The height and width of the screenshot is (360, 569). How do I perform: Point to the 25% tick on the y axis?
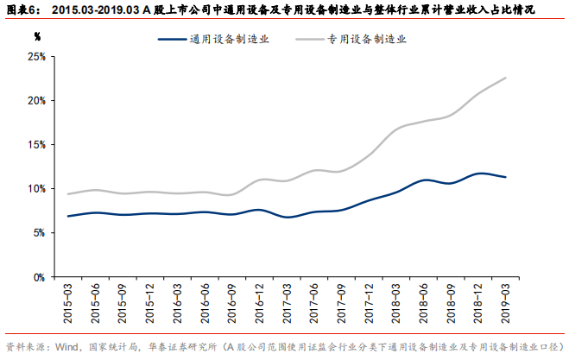36,56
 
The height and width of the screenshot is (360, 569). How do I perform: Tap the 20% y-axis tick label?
36,100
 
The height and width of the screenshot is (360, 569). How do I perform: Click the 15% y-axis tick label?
36,144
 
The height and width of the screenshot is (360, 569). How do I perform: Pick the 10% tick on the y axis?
36,188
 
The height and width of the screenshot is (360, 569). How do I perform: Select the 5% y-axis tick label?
39,232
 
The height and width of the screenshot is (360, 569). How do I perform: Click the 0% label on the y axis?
39,277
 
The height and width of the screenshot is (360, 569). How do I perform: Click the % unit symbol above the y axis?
37,37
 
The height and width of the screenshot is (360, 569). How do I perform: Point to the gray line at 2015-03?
67,193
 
